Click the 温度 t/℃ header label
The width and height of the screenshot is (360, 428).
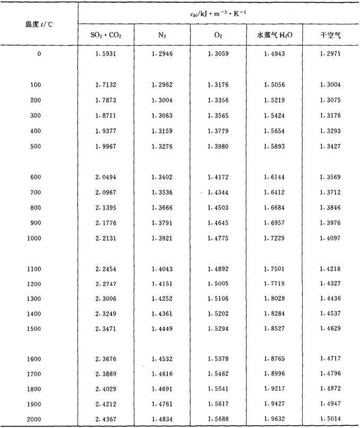click(x=38, y=24)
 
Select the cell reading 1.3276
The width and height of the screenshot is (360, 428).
click(x=161, y=146)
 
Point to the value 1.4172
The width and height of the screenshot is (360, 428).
click(x=218, y=177)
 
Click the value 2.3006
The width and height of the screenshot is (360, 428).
click(x=106, y=300)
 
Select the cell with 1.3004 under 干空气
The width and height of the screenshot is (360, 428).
click(x=330, y=85)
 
